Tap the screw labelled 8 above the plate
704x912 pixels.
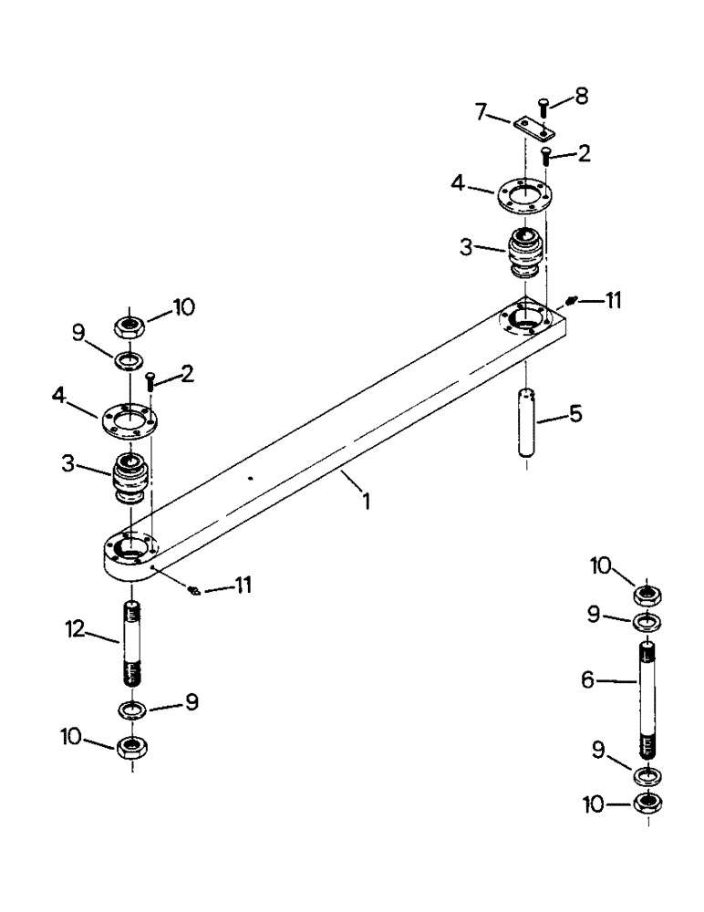click(544, 108)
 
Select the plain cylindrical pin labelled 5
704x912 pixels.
click(527, 424)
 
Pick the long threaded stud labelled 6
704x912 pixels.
click(648, 700)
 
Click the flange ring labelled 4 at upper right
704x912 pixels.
click(527, 197)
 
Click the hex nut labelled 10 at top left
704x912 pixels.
click(129, 324)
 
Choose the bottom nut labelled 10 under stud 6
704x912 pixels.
click(648, 804)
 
